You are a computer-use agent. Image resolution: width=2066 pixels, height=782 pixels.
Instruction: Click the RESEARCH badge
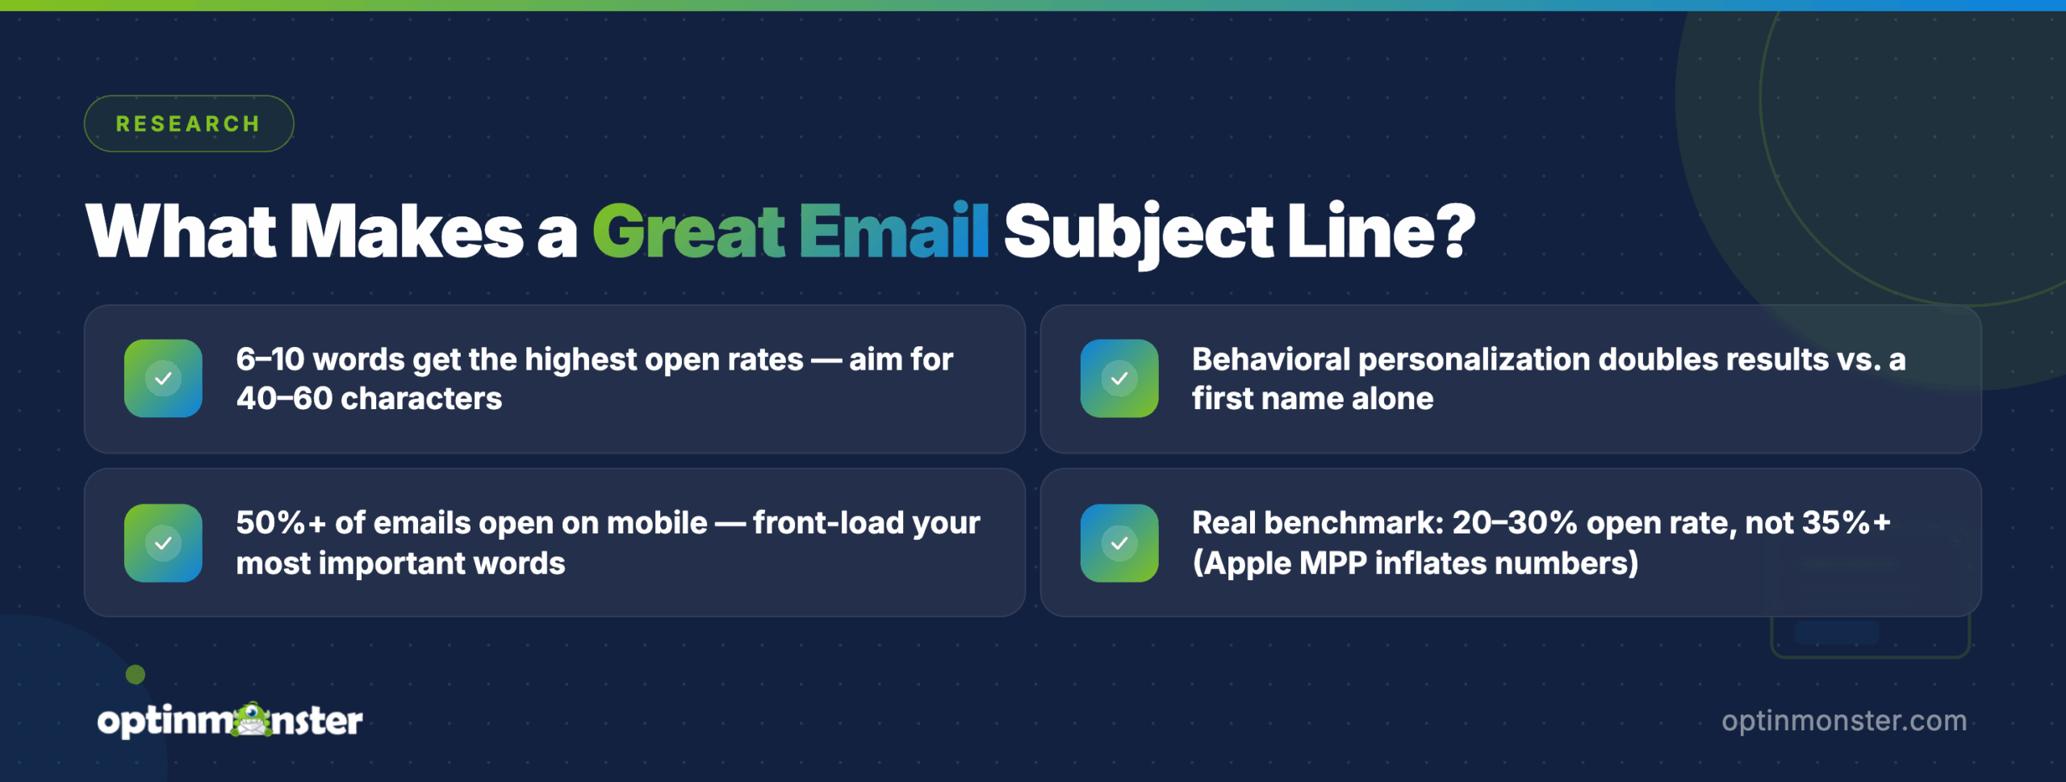[x=188, y=123]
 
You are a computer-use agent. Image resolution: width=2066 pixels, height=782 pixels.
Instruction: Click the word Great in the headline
[x=688, y=232]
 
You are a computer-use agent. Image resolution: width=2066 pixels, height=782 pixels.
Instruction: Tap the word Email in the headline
[x=894, y=232]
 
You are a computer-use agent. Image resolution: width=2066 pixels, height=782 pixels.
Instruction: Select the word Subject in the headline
[x=1138, y=232]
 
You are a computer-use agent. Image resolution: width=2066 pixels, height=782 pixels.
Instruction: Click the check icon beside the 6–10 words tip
[x=163, y=378]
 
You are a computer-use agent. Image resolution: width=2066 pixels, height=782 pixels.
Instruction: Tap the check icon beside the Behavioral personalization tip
[x=1119, y=378]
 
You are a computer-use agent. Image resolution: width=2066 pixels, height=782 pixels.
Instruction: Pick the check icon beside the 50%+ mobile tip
[x=163, y=543]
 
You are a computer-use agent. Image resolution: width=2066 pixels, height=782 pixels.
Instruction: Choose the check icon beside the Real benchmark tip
[x=1119, y=543]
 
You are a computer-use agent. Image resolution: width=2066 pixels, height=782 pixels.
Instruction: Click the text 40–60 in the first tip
[x=284, y=399]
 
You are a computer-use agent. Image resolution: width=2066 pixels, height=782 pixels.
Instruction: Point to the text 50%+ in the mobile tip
[x=280, y=523]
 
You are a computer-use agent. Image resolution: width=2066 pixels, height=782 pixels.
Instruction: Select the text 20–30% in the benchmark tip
[x=1514, y=523]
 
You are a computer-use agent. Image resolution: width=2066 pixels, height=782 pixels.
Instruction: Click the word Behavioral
[x=1270, y=359]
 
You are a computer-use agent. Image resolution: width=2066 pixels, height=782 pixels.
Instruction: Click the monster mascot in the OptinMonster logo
[x=253, y=719]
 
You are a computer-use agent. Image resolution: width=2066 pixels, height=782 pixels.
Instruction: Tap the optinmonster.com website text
[x=1844, y=721]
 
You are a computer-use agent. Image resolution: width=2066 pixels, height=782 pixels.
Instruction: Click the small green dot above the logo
[x=136, y=675]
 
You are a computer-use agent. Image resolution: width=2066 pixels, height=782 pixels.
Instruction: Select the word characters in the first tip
[x=421, y=399]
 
